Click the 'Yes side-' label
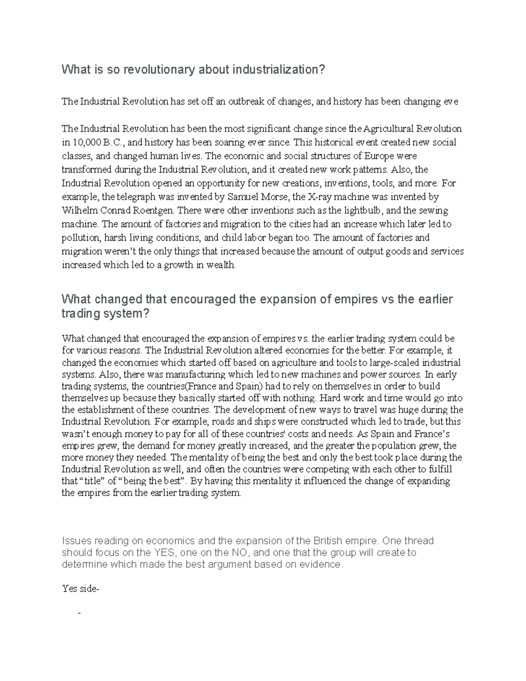coord(81,589)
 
